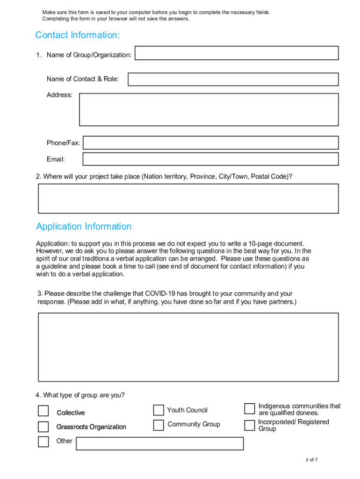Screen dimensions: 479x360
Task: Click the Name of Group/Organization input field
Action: coord(237,53)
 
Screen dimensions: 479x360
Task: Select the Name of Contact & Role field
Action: coord(233,79)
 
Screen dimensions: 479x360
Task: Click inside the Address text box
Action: coord(209,109)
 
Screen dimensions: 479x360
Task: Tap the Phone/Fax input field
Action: coord(210,143)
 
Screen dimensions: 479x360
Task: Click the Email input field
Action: coord(210,159)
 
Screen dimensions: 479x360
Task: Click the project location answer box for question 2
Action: coord(188,198)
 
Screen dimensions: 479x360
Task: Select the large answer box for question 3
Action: coord(188,347)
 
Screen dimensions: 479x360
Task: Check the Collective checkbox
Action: coord(43,411)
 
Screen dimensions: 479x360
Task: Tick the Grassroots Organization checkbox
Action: coord(43,427)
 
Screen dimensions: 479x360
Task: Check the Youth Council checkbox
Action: coord(158,410)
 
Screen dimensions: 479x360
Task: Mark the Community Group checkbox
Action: coord(158,425)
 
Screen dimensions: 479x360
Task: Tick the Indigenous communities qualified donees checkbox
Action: coord(250,409)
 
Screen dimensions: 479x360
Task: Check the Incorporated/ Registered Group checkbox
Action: coord(250,425)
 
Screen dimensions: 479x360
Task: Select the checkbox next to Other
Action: coord(43,442)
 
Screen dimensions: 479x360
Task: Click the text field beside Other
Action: coord(159,443)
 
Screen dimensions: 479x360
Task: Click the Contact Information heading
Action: coord(78,35)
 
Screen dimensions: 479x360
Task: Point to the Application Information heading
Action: coord(84,226)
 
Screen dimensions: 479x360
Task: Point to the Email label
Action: coord(56,160)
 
